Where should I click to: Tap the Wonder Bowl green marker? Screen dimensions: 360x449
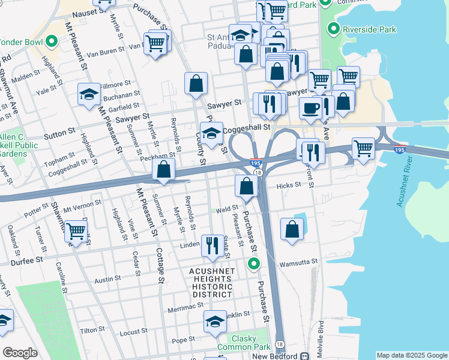[x=52, y=42]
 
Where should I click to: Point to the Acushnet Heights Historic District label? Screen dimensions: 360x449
[x=212, y=283]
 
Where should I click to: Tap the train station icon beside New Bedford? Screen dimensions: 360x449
[x=305, y=356]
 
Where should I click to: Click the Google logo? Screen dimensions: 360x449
[x=20, y=353]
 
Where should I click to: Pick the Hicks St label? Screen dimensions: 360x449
[x=289, y=186]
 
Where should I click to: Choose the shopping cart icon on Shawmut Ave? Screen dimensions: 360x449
[x=76, y=231]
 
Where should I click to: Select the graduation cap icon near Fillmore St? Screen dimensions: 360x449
[x=89, y=94]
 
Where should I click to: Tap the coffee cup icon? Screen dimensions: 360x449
[x=310, y=108]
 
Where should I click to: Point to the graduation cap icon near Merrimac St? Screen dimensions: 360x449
[x=215, y=322]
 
